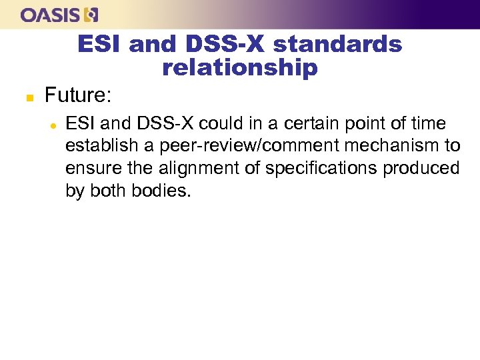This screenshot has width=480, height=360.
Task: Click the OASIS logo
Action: pyautogui.click(x=59, y=14)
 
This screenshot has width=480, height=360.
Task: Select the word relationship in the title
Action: pyautogui.click(x=240, y=67)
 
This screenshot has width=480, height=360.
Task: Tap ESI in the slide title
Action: pyautogui.click(x=100, y=44)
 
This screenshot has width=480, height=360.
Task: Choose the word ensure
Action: pyautogui.click(x=87, y=169)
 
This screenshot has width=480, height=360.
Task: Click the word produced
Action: pyautogui.click(x=422, y=169)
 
